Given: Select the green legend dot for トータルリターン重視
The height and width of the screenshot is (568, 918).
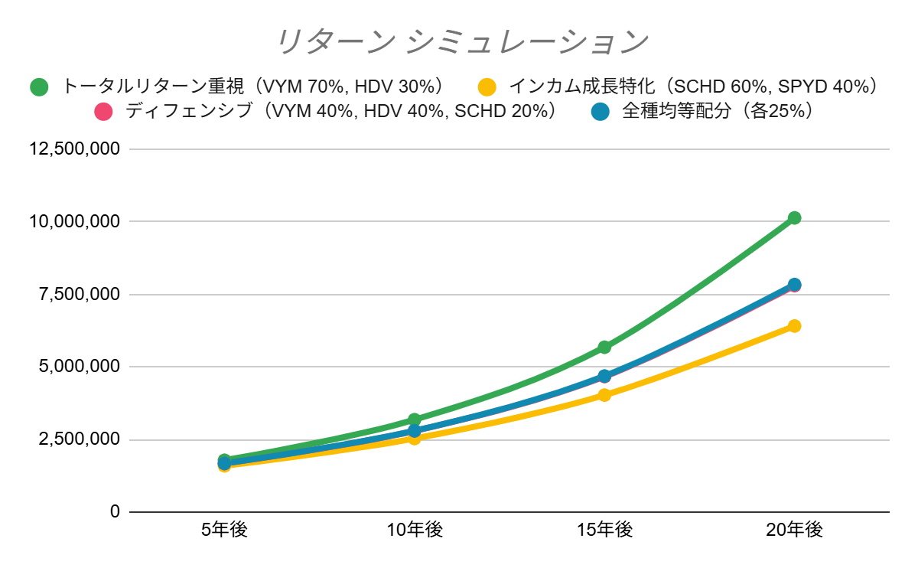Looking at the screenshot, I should click(39, 87).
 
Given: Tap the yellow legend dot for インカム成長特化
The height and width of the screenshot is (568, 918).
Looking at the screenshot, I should click(486, 87).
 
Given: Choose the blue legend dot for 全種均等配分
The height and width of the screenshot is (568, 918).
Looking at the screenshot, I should click(600, 112).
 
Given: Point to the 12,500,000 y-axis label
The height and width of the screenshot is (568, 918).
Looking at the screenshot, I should click(74, 149).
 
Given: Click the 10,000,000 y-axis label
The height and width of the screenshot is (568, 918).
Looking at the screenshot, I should click(74, 222).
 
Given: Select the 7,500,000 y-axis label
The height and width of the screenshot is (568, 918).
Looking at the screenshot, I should click(80, 295).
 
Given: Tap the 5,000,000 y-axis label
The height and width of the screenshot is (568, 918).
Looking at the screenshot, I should click(80, 367).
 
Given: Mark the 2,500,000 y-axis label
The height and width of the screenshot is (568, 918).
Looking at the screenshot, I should click(80, 440).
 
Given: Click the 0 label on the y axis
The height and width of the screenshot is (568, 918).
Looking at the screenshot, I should click(115, 512).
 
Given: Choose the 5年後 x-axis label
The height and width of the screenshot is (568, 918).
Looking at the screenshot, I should click(225, 530).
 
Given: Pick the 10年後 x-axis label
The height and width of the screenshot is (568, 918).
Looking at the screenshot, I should click(415, 530).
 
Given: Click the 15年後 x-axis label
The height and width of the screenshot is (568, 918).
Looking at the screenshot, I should click(604, 530).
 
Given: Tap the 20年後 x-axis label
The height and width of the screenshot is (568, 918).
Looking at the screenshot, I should click(794, 530).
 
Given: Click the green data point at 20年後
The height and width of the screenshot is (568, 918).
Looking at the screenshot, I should click(794, 218).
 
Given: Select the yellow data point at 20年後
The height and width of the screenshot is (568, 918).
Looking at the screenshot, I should click(794, 326).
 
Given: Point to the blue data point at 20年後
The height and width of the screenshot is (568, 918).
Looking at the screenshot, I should click(794, 285).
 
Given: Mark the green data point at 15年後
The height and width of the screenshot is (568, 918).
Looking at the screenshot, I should click(604, 347).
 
